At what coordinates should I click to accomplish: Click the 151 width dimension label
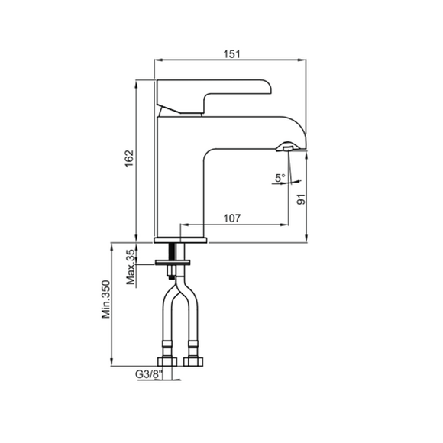231,53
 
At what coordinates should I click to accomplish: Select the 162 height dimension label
129,158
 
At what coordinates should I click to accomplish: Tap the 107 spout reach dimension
232,218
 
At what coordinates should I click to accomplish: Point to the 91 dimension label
301,199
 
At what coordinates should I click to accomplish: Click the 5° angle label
280,178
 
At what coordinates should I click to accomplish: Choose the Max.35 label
131,267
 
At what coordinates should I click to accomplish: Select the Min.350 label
106,299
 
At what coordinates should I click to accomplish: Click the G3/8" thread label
149,374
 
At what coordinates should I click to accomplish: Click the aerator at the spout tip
286,147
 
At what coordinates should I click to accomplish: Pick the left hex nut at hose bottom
167,361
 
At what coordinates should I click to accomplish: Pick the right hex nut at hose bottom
193,361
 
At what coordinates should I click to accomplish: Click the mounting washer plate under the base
173,263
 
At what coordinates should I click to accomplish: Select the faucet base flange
180,240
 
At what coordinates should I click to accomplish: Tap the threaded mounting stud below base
172,260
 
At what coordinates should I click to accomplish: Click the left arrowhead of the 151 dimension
157,60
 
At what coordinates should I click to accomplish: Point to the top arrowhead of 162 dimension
136,83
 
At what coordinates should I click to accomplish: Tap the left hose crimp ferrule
167,344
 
